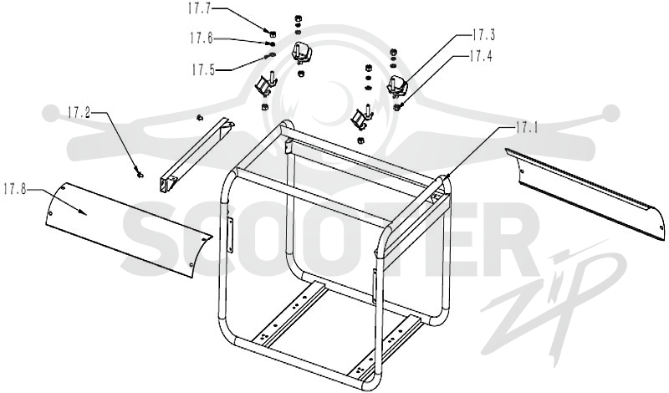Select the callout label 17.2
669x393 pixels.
(x=79, y=113)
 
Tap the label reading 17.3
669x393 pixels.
(x=483, y=35)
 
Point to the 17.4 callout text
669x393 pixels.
(x=480, y=56)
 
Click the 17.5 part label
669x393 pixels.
(x=203, y=69)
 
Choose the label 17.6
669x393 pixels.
(x=202, y=38)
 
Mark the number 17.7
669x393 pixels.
(x=199, y=8)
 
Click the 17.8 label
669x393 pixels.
(x=14, y=189)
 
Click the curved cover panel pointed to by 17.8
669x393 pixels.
(x=128, y=230)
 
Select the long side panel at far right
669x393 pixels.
(x=585, y=193)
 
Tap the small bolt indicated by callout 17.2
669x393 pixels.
(x=139, y=174)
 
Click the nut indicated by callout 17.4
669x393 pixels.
(x=396, y=107)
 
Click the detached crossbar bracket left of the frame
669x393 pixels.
(x=197, y=156)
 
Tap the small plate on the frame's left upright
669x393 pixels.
(x=231, y=236)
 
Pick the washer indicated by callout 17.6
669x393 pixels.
(x=270, y=44)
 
